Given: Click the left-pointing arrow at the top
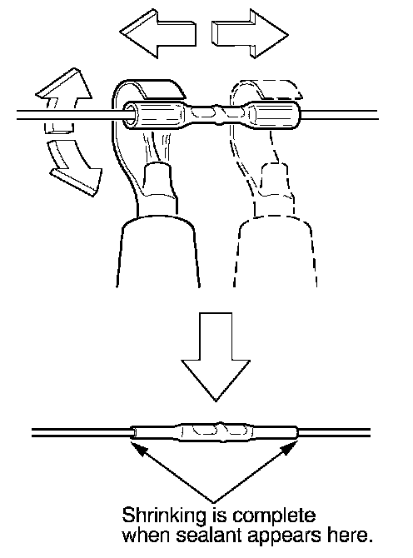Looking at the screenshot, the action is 157,34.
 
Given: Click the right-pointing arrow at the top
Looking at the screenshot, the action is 251,34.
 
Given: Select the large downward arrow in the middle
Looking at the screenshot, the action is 216,356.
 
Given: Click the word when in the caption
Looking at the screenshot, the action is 146,536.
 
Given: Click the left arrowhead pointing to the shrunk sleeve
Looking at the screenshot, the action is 138,447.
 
